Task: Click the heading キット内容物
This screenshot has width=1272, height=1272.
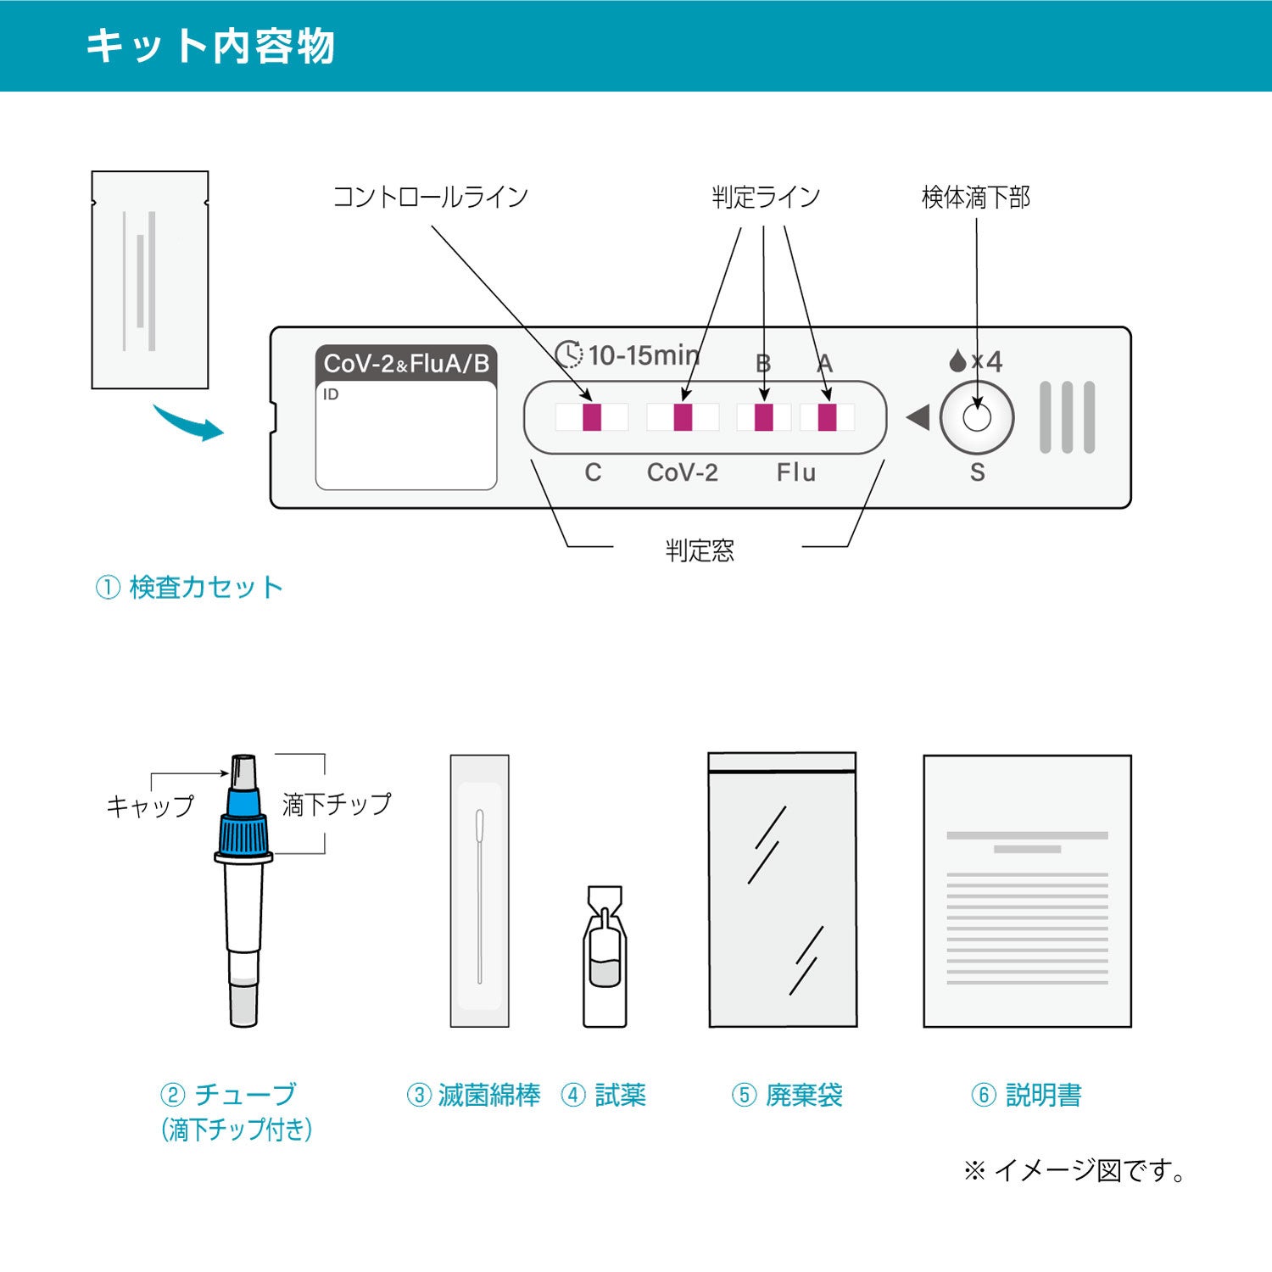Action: click(x=210, y=46)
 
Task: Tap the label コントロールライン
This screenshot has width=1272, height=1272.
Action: click(x=430, y=198)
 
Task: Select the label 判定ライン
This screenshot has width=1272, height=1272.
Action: click(x=766, y=198)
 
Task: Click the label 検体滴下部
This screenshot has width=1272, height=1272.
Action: click(x=975, y=198)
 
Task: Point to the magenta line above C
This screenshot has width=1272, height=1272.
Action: click(x=592, y=417)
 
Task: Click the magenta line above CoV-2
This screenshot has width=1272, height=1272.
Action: click(x=683, y=417)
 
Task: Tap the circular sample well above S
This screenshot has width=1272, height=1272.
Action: click(x=977, y=417)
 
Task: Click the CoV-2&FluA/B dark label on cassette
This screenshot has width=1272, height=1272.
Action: click(x=406, y=363)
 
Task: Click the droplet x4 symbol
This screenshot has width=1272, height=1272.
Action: click(x=975, y=361)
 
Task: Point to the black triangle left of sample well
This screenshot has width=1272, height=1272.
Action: click(x=918, y=417)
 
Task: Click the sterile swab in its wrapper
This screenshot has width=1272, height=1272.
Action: click(x=480, y=890)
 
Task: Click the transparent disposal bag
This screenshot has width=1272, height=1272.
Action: click(x=782, y=890)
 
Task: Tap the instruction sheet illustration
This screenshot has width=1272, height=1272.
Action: click(x=1027, y=890)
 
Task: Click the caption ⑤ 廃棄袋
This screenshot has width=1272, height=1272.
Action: click(x=787, y=1095)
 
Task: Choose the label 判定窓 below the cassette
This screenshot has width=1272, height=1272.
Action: click(x=700, y=551)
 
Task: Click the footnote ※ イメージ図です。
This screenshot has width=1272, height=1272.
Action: click(x=1074, y=1171)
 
